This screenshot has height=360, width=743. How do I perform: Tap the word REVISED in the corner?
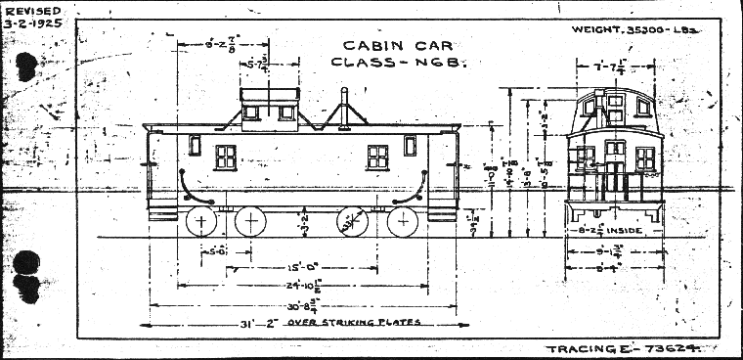[x=25, y=11]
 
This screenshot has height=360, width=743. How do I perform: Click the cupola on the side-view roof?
[x=268, y=105]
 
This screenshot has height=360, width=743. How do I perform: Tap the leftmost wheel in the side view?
[x=200, y=223]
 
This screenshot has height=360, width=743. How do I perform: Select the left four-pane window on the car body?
[x=226, y=157]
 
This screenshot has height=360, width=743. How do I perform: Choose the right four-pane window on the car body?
[x=377, y=157]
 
